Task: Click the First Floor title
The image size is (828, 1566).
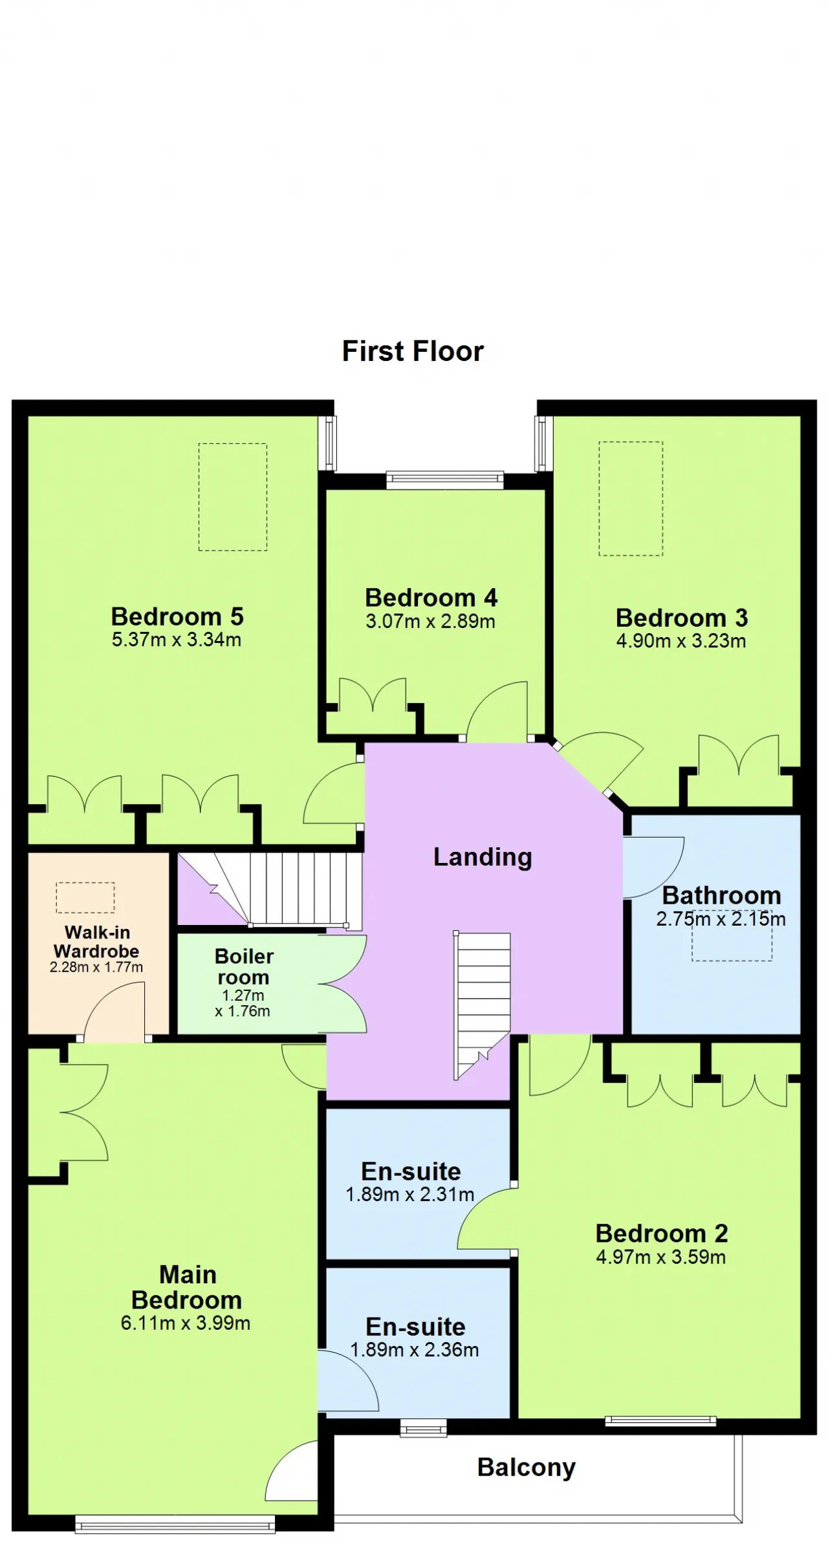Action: pos(413,351)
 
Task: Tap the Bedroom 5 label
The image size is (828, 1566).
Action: pos(177,616)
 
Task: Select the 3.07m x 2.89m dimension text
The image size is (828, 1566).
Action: pos(430,622)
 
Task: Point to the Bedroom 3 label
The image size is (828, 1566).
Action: pos(682,618)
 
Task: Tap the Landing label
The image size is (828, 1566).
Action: pos(483,857)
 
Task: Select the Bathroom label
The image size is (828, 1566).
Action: pos(722,895)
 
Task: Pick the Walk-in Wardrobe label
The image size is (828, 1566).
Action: pos(96,942)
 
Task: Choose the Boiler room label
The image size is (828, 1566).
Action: pos(244,966)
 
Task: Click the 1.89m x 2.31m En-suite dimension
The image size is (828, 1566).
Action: pos(410,1194)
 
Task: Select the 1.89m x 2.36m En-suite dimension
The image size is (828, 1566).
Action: pos(415,1349)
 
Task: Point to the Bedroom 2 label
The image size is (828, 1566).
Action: pos(662,1234)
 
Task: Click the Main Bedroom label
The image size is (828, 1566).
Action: pos(186,1287)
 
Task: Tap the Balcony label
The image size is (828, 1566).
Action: pos(527,1468)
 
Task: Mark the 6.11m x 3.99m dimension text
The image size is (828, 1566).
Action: pos(186,1323)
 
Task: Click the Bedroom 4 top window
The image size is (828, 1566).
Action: pos(444,479)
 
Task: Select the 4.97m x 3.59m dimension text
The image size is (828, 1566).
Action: pos(661,1257)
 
